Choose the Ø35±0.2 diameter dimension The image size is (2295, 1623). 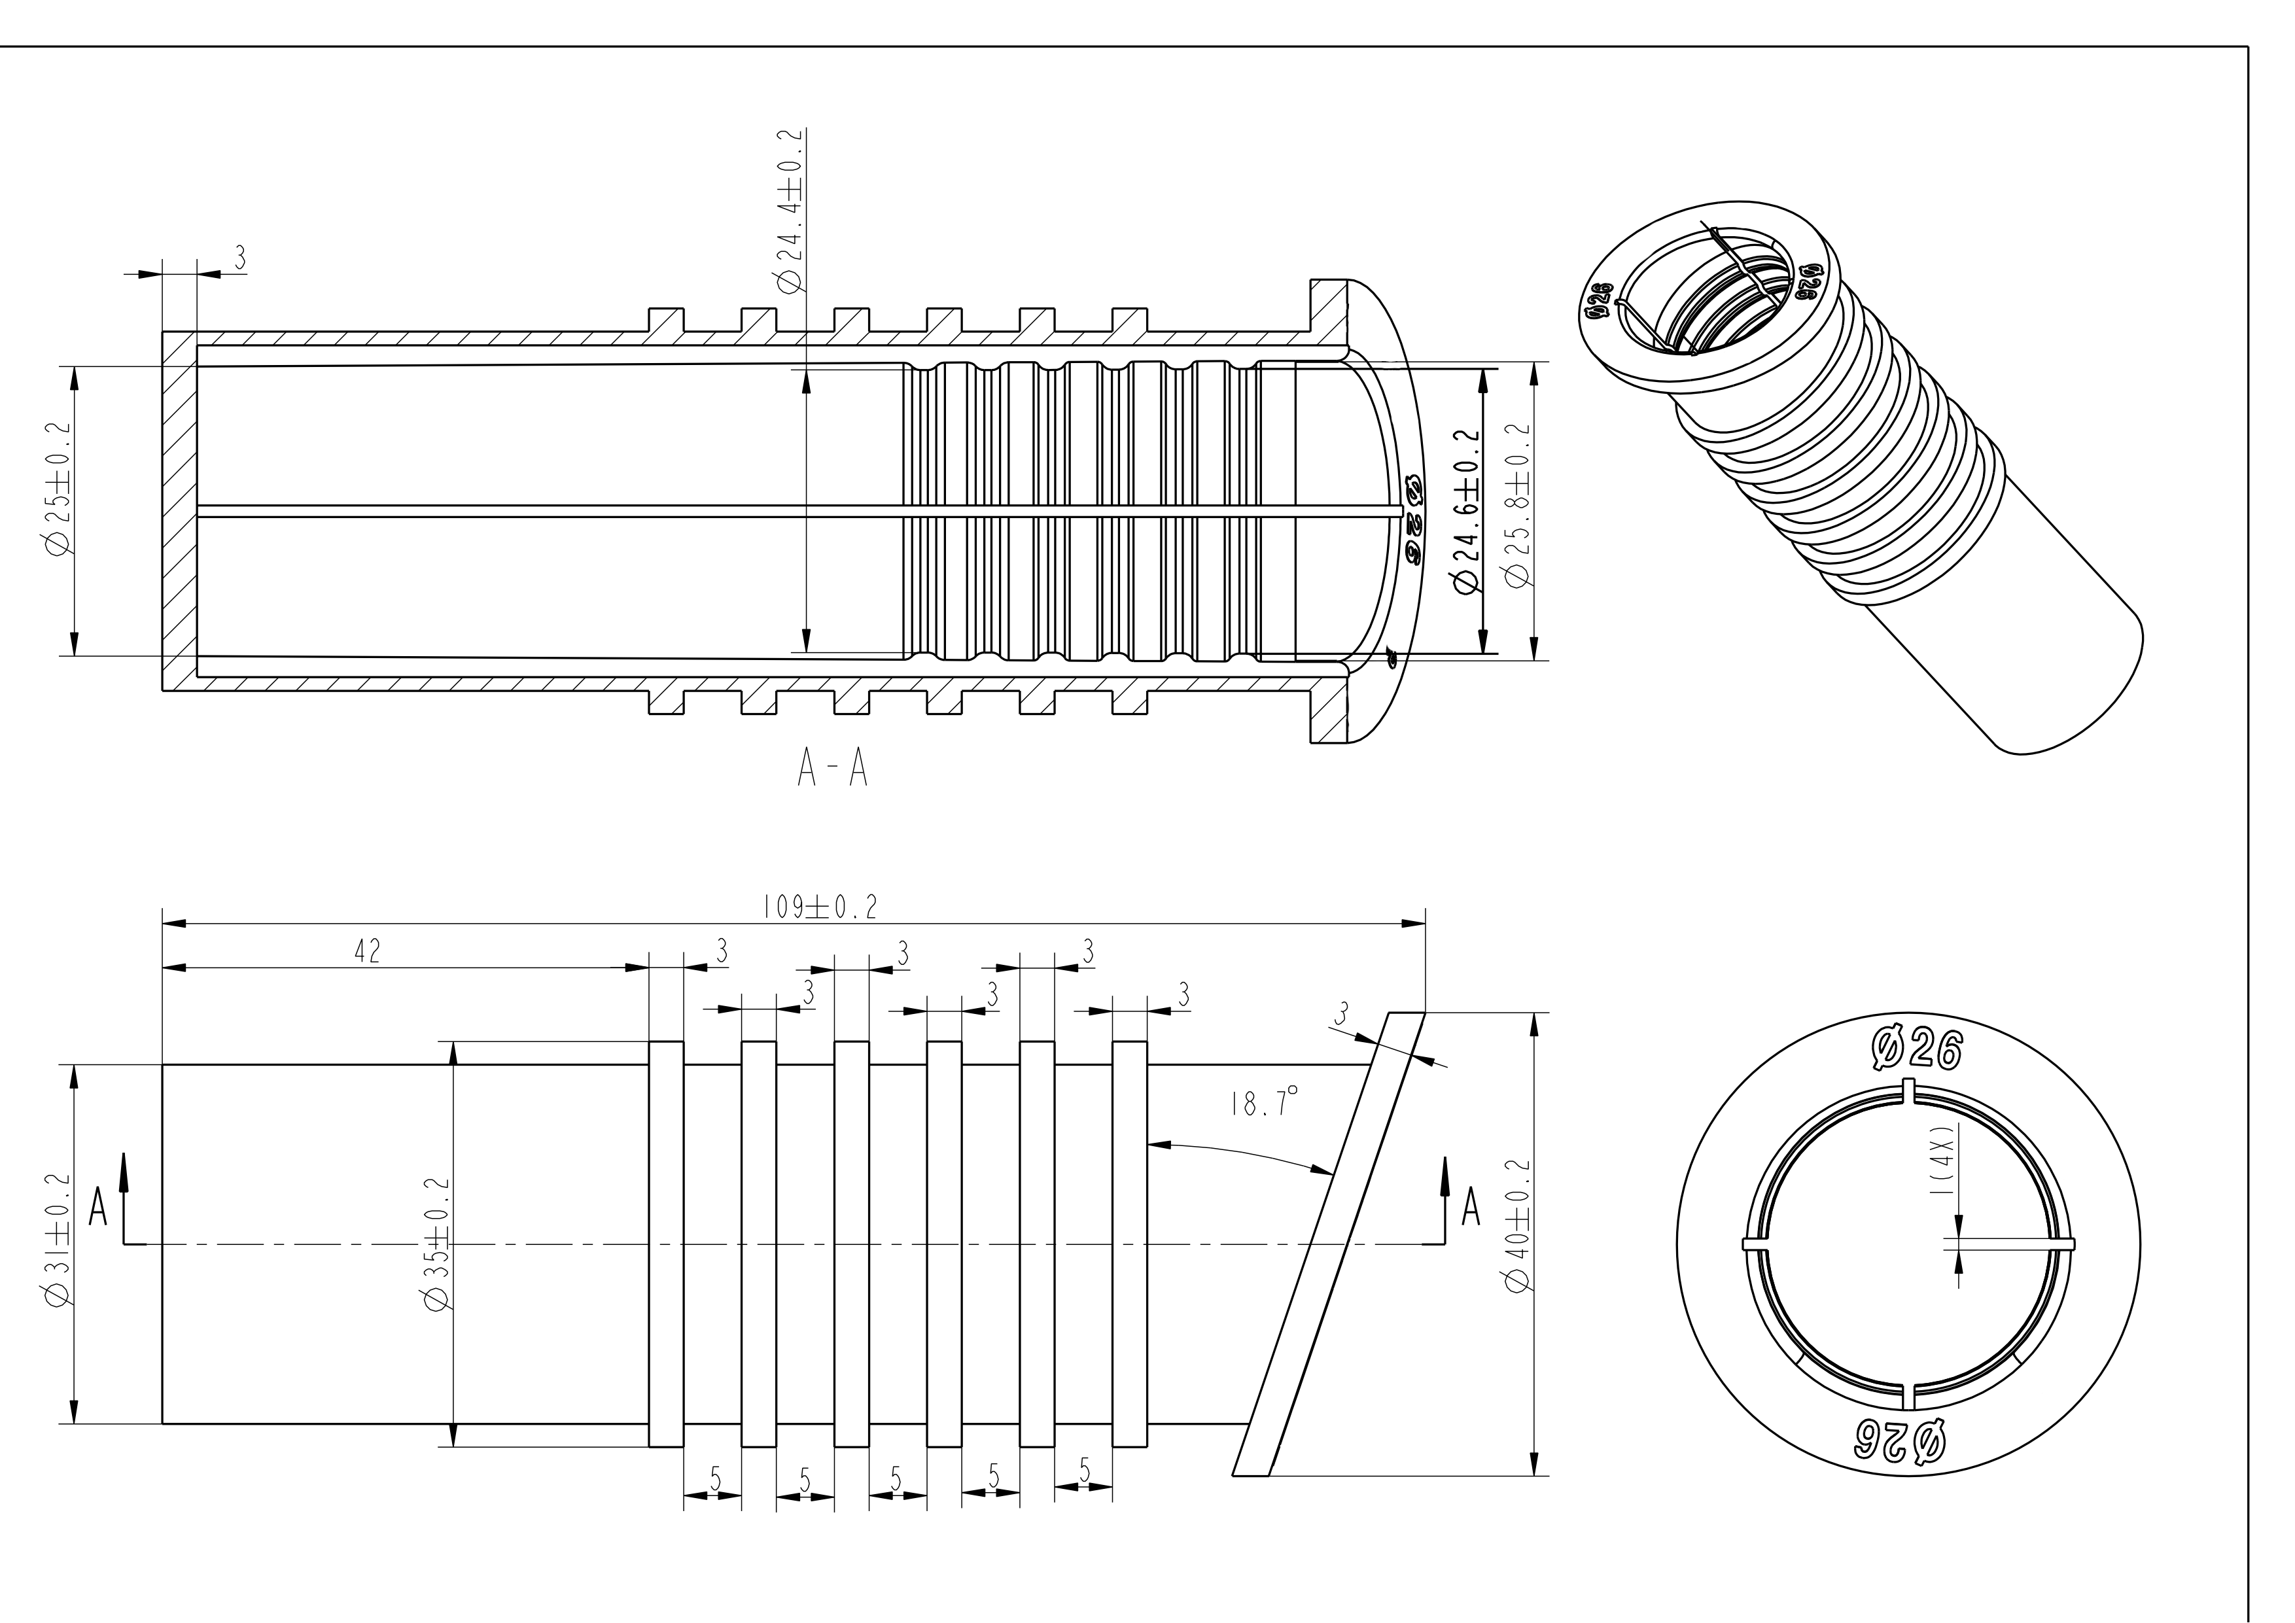point(437,1243)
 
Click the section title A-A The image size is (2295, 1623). point(832,769)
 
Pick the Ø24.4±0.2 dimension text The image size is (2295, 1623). point(790,211)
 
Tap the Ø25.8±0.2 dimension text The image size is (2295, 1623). point(1518,507)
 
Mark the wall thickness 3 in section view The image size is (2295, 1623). point(240,258)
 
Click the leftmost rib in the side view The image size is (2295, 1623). point(666,1243)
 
